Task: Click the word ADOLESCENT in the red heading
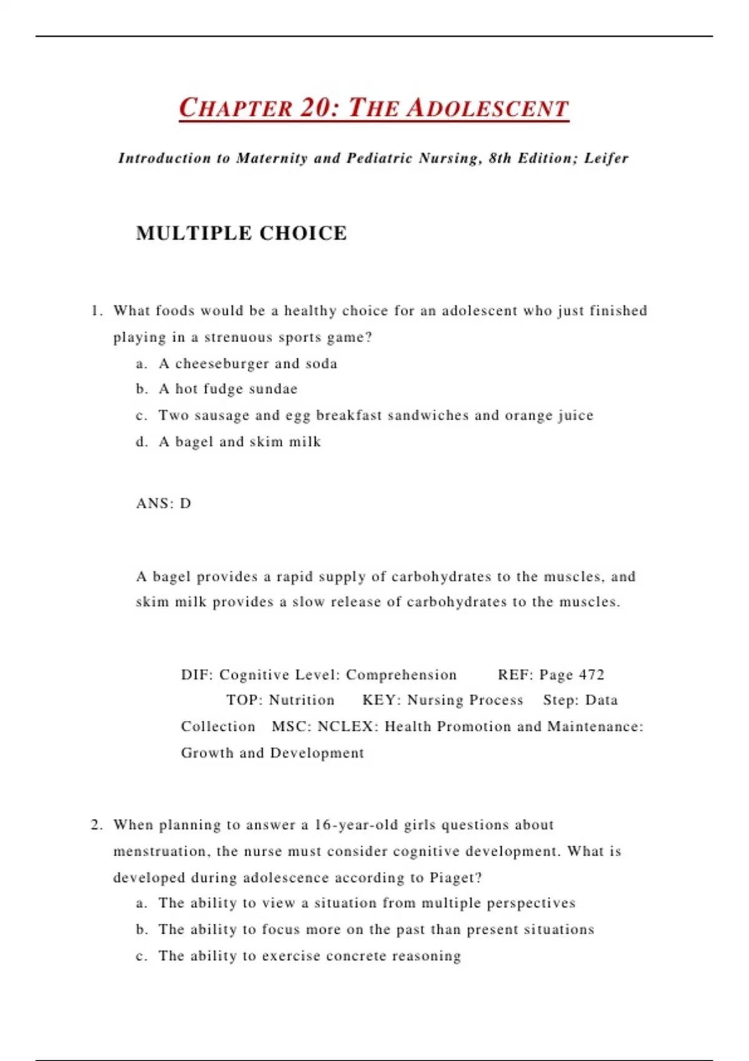[x=487, y=109]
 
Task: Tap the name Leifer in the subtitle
[x=606, y=159]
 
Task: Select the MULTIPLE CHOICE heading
[x=241, y=233]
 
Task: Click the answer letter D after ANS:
[x=185, y=504]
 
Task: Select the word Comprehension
[x=401, y=675]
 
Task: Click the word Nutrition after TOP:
[x=301, y=700]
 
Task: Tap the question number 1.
[x=95, y=311]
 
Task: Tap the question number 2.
[x=95, y=825]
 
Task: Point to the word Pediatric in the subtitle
[x=379, y=159]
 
